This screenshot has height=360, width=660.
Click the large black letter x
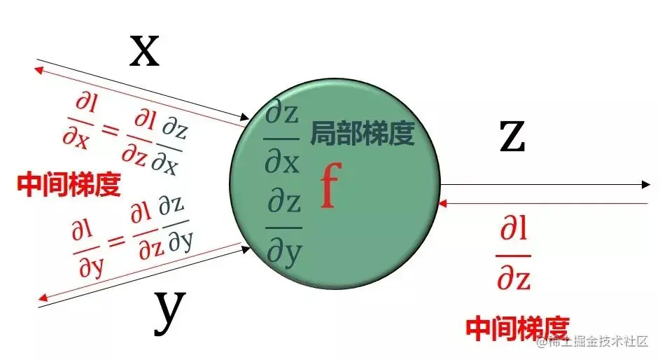tap(145, 51)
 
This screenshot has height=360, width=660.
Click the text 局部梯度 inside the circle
tap(363, 132)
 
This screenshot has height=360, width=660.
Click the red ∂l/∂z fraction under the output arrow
tap(514, 254)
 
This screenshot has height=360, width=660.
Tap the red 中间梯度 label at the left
tap(69, 184)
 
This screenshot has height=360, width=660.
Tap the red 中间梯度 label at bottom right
tap(518, 327)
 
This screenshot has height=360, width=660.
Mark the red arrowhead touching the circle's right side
tap(440, 203)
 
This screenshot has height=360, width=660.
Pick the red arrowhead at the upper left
tap(40, 69)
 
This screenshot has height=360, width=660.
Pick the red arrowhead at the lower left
tap(40, 298)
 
